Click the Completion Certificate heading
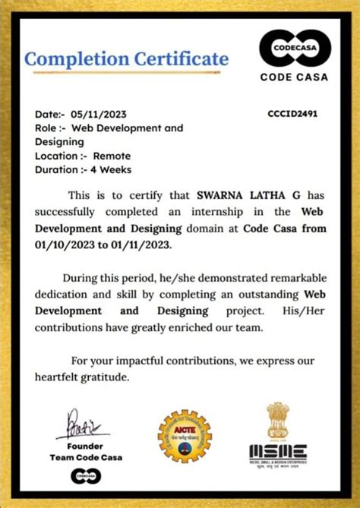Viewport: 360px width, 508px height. (126, 58)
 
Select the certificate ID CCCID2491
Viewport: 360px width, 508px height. (292, 114)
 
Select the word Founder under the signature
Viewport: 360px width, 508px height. (84, 446)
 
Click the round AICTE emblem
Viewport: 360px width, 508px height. (182, 436)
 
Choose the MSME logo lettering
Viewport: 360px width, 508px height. (278, 450)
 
